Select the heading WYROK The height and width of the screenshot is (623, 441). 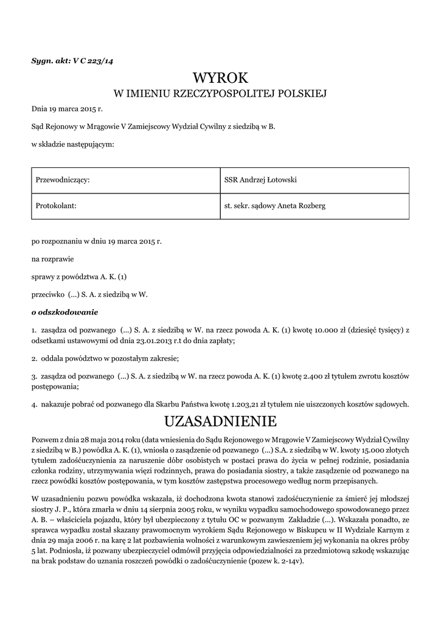click(220, 77)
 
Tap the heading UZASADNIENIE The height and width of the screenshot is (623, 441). click(220, 421)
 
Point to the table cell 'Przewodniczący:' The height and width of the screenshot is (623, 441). click(63, 180)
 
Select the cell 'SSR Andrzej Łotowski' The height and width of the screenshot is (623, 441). click(260, 180)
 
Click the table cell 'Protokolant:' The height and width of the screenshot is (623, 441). click(56, 206)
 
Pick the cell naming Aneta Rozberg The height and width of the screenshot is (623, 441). click(275, 206)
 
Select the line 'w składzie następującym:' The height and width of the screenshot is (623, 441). click(72, 145)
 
